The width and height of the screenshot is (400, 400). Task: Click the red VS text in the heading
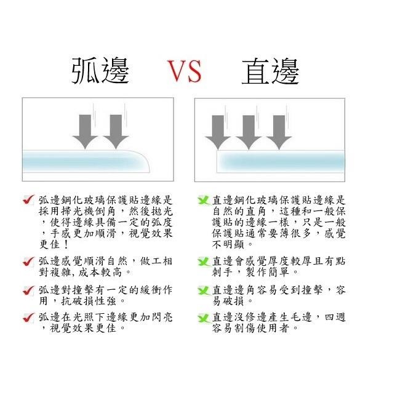185,71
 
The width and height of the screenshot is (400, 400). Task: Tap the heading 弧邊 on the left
101,71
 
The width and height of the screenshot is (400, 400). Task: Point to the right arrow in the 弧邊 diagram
114,130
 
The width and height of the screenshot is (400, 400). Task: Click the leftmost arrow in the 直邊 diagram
217,131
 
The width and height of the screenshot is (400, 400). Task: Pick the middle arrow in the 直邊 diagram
248,131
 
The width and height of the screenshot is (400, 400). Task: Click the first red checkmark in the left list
28,199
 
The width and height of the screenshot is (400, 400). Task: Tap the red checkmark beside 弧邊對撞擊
28,290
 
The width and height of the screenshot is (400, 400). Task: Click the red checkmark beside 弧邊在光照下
28,318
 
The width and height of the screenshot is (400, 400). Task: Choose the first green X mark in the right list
204,201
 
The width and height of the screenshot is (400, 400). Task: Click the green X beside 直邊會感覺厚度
204,262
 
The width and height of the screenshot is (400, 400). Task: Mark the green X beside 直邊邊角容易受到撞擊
204,290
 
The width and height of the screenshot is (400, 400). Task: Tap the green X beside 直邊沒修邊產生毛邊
204,318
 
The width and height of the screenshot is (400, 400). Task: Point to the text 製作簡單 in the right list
270,271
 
